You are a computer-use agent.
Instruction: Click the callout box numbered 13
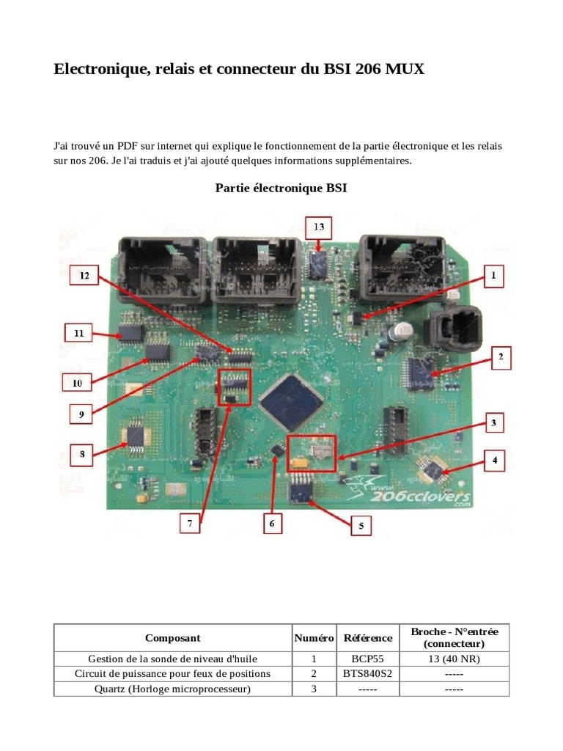tap(319, 227)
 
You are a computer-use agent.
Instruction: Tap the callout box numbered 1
tap(494, 276)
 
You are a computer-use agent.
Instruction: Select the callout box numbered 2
tap(501, 357)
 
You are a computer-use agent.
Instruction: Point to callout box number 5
tap(361, 525)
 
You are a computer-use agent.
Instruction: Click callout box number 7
tap(190, 524)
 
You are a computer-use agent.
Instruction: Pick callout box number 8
tap(82, 455)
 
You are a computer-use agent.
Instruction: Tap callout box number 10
tap(76, 382)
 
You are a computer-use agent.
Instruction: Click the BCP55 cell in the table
tap(368, 659)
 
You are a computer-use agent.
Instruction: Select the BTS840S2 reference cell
tap(368, 673)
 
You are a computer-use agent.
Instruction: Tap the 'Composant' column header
tap(172, 638)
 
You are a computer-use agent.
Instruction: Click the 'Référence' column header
tap(368, 638)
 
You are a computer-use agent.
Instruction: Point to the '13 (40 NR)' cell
tap(455, 659)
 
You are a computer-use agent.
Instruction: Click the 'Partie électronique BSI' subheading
tap(281, 188)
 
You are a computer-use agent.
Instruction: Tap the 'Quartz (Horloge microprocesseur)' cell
tap(172, 689)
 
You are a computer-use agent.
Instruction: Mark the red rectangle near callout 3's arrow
tap(312, 453)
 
